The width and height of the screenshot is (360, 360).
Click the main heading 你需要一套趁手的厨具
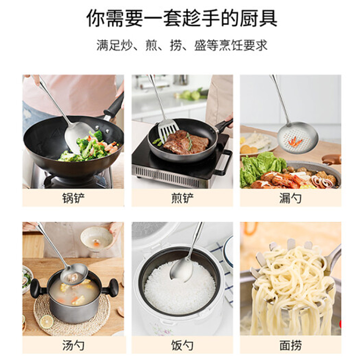click(181, 18)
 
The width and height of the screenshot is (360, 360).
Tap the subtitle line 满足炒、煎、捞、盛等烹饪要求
click(182, 45)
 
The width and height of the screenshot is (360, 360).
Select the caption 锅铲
click(73, 198)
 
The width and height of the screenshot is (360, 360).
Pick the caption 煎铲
click(182, 198)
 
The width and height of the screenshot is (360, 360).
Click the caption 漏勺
click(290, 198)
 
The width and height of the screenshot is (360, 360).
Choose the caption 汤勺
click(73, 345)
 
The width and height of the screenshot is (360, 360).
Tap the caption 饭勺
click(182, 345)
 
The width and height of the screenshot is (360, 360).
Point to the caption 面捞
click(290, 345)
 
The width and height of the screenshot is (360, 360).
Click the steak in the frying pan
click(185, 142)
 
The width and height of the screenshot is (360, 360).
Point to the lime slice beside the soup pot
click(47, 322)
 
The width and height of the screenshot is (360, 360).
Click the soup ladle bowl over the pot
click(74, 275)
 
